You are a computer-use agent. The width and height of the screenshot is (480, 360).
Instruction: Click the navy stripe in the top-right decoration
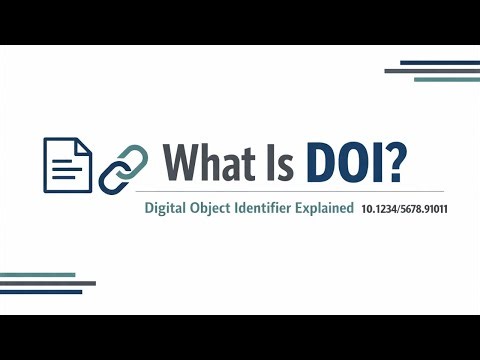pyautogui.click(x=439, y=63)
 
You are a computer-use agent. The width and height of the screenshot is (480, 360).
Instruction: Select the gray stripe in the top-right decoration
pyautogui.click(x=431, y=71)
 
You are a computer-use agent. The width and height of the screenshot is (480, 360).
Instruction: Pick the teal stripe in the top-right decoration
pyautogui.click(x=446, y=79)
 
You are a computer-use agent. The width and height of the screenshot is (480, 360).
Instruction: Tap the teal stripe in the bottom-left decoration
pyautogui.click(x=38, y=274)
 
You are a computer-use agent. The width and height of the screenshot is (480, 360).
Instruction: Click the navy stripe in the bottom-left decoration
pyautogui.click(x=41, y=292)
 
